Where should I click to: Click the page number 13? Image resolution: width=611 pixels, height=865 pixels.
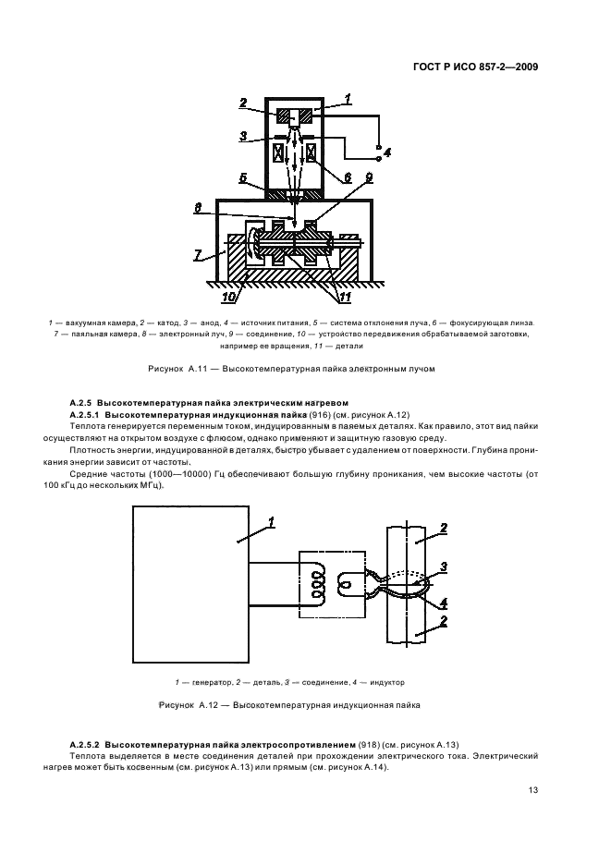[533, 789]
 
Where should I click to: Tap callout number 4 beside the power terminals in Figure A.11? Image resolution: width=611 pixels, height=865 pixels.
[387, 152]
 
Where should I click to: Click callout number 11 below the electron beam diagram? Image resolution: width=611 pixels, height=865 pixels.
[343, 297]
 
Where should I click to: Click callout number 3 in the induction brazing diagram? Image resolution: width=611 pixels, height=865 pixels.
[444, 566]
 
